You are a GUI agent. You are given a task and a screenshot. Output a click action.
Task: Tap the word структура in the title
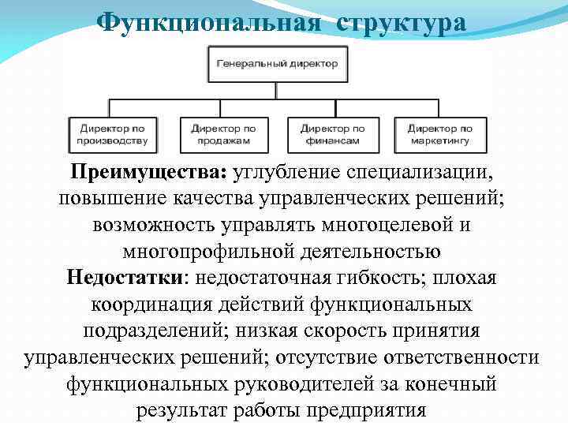click(402, 21)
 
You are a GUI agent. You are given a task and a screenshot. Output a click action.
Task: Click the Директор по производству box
click(113, 134)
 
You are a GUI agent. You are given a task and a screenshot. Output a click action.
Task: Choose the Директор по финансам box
click(333, 134)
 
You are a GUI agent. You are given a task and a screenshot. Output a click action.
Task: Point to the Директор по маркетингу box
click(440, 134)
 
